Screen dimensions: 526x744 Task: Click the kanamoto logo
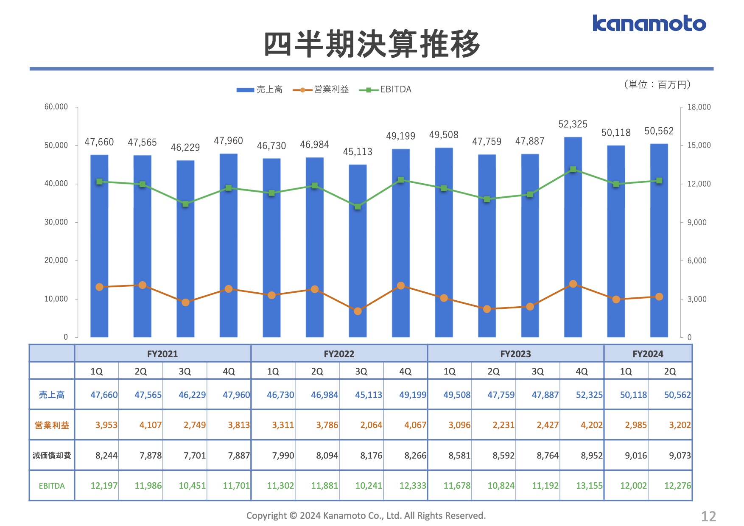[649, 24]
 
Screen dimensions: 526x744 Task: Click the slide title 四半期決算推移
[372, 44]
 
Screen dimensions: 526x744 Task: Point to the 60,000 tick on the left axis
[56, 107]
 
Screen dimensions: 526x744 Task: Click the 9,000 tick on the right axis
[697, 222]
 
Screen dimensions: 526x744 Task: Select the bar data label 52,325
[573, 124]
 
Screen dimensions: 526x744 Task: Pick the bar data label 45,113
[358, 152]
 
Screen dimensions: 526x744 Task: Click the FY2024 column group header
[648, 354]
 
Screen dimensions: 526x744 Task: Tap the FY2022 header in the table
[339, 354]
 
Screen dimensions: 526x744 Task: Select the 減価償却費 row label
[52, 456]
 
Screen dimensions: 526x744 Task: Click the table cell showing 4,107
[151, 425]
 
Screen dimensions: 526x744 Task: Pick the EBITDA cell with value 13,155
[589, 486]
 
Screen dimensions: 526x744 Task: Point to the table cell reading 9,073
[680, 456]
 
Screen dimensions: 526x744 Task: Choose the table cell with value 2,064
[371, 425]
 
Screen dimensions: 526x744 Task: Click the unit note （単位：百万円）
[657, 85]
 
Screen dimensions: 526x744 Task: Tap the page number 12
[708, 516]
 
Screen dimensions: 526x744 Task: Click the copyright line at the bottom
[366, 516]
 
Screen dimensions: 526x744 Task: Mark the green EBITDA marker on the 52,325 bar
[573, 169]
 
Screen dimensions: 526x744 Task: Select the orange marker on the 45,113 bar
[358, 311]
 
